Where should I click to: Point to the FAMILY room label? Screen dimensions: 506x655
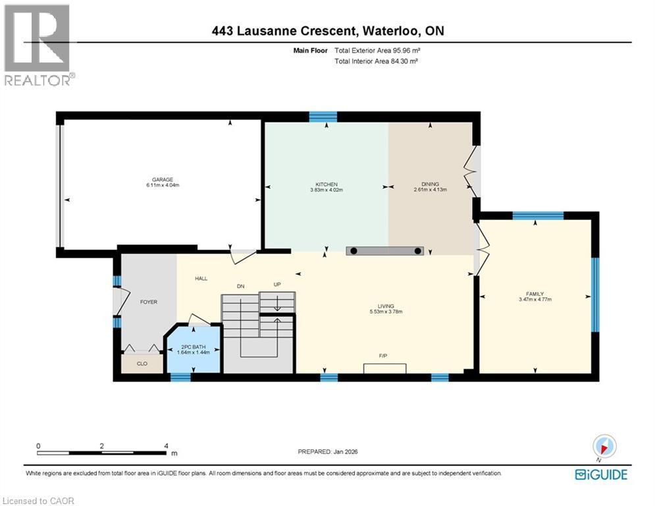click(x=534, y=294)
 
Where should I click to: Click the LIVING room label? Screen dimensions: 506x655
click(x=385, y=306)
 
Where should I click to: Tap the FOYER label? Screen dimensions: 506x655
click(x=149, y=302)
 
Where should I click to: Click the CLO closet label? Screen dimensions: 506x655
click(x=142, y=362)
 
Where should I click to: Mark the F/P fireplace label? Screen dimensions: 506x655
click(x=382, y=356)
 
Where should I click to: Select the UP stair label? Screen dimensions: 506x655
click(x=278, y=285)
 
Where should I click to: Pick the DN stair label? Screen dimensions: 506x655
click(x=242, y=286)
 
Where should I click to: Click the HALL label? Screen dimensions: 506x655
click(x=201, y=279)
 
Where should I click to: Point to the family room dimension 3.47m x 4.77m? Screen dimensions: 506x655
click(x=534, y=300)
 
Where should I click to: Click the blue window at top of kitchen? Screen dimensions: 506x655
click(x=323, y=117)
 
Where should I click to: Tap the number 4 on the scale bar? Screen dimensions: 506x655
click(x=167, y=446)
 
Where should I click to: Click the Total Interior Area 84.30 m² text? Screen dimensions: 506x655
click(x=377, y=61)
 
